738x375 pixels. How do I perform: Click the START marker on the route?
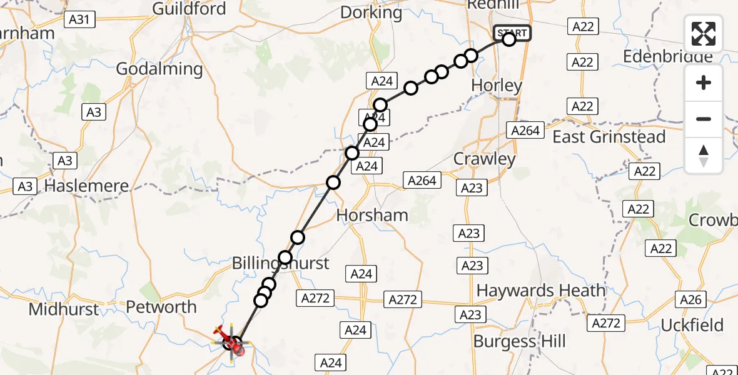coord(512,32)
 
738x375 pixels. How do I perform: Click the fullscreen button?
coord(704,34)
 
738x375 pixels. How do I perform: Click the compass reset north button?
coord(704,156)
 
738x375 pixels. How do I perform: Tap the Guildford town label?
coord(189,9)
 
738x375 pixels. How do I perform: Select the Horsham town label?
coord(372,216)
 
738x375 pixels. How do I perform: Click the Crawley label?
coord(484,159)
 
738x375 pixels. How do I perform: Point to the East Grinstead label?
coord(609,137)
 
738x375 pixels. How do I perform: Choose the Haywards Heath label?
coord(541,291)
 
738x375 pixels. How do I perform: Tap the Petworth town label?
coord(161,307)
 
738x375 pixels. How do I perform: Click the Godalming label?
coord(159,69)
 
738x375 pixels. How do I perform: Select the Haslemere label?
coord(87,186)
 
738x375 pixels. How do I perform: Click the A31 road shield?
coord(79,20)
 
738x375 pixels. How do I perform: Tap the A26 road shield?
coord(690,300)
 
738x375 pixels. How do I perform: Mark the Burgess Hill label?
coord(519,342)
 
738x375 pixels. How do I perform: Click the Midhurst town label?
coord(64,309)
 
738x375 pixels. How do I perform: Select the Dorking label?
coord(372,12)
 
